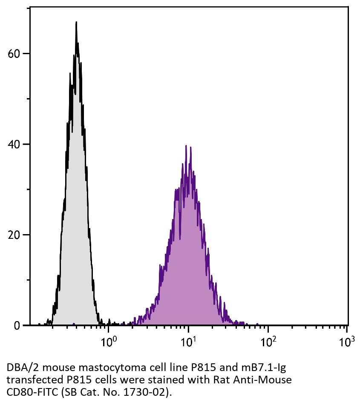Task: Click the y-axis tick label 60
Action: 14,54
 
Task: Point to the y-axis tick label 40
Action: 14,145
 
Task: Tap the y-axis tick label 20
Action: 14,235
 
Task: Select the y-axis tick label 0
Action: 17,326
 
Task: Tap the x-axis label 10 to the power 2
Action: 268,342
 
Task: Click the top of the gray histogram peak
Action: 76,22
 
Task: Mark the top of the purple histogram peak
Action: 186,146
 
